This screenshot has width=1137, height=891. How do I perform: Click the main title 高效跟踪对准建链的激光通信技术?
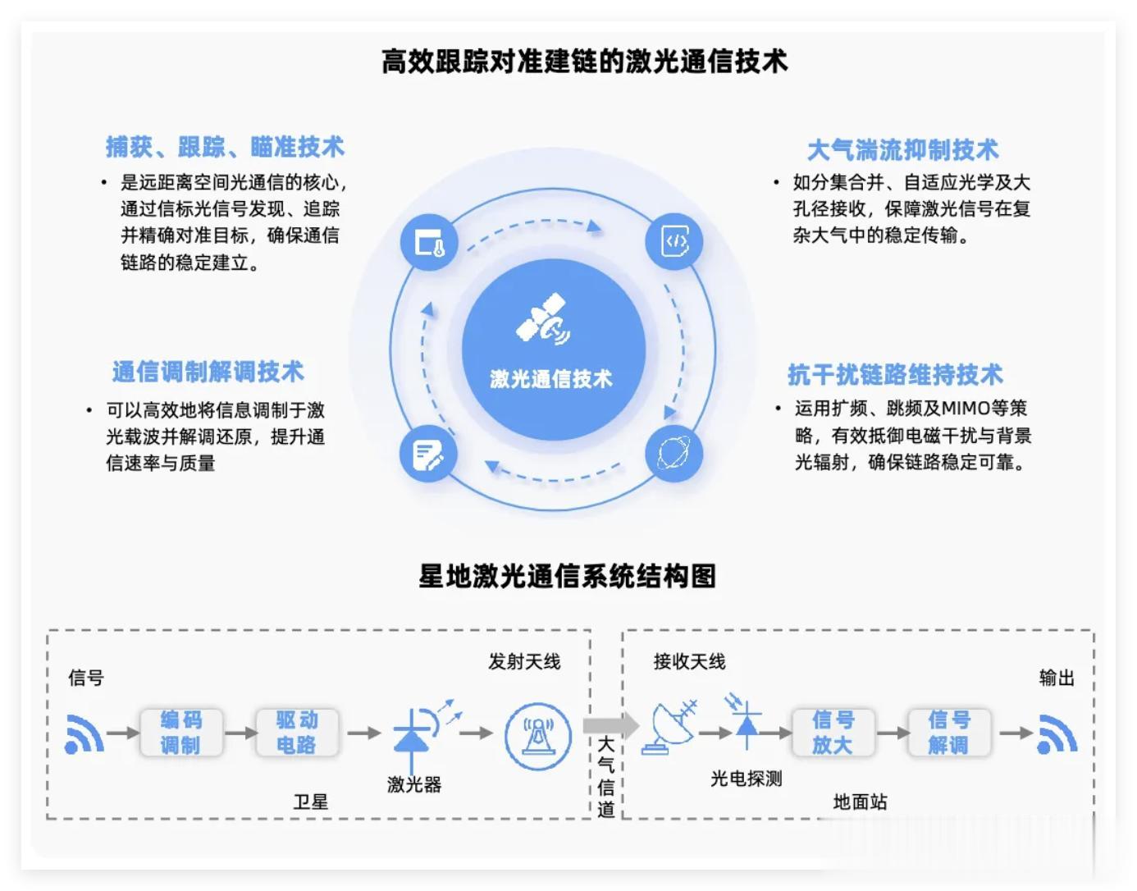(584, 62)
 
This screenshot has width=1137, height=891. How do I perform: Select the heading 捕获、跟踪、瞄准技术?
(225, 147)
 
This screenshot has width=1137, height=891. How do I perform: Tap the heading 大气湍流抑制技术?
(902, 149)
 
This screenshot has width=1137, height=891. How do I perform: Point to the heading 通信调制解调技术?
(208, 372)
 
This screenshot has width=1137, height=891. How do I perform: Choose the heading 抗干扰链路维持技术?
(895, 374)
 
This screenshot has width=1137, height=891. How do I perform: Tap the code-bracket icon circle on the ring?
(674, 242)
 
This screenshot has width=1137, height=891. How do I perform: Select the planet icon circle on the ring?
(674, 453)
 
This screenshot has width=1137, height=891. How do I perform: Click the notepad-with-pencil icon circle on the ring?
(428, 454)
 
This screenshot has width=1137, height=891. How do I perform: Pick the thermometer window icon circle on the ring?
(430, 242)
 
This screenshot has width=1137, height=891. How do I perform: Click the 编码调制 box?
(181, 732)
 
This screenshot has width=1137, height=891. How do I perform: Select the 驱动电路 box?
(297, 732)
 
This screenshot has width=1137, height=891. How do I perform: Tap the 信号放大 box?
(833, 732)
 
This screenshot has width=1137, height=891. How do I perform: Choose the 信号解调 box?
(949, 732)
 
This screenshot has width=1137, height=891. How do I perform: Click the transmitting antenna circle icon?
(538, 736)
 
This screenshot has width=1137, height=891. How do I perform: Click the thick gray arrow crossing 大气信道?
(611, 725)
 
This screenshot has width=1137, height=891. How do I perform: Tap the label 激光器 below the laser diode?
(414, 784)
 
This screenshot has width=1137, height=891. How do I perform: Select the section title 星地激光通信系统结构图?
(567, 576)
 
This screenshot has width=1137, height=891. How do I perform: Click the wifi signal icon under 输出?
(1057, 734)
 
